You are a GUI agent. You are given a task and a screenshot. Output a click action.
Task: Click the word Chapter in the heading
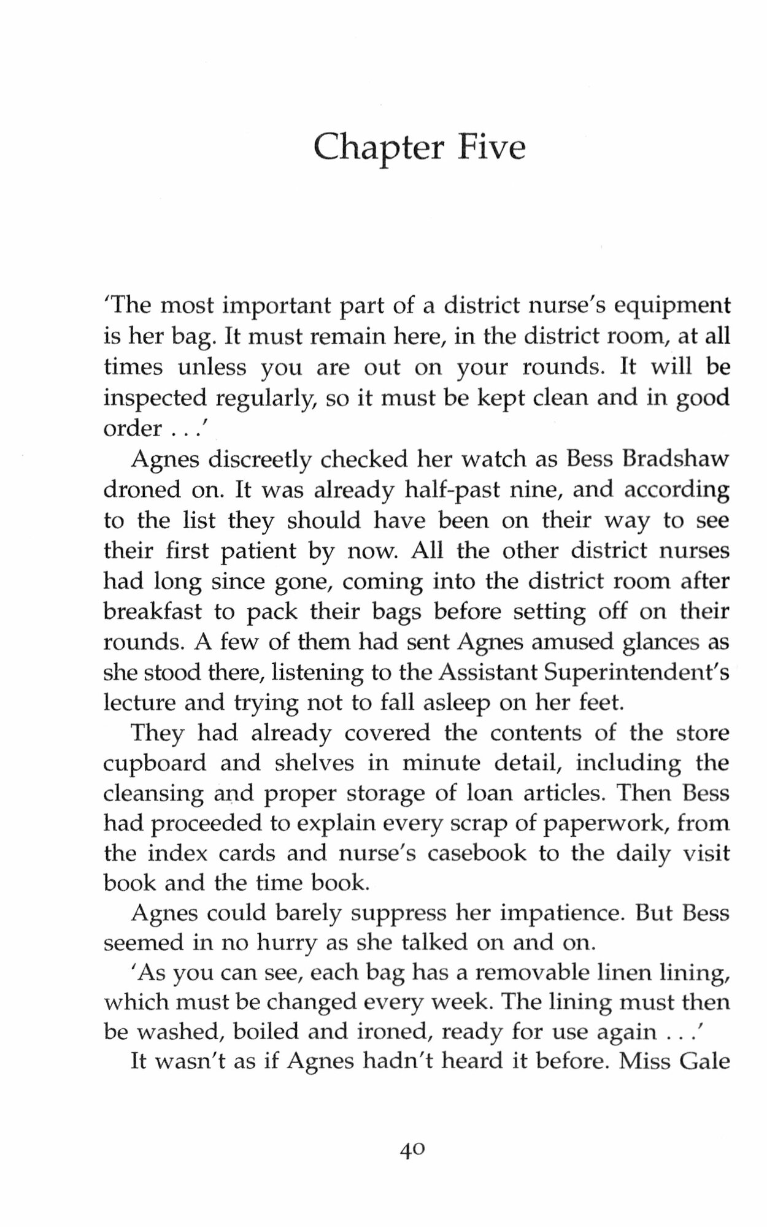click(x=377, y=148)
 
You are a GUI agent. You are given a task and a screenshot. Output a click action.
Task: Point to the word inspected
click(x=153, y=399)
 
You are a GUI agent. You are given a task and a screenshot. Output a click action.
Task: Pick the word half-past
click(x=457, y=490)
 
